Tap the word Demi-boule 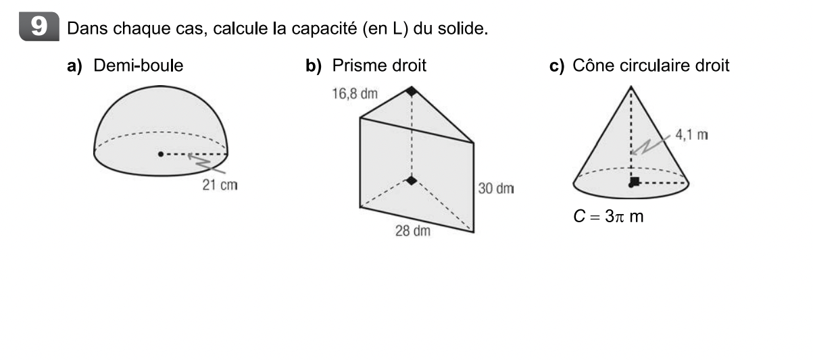tap(139, 66)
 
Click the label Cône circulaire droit tap(651, 66)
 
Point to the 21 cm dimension tap(220, 184)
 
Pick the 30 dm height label tap(495, 188)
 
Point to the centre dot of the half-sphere tap(160, 154)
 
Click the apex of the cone tap(631, 86)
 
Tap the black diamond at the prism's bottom tap(410, 180)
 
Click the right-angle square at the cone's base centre tap(634, 180)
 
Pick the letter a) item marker tap(74, 66)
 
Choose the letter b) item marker tap(313, 66)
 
